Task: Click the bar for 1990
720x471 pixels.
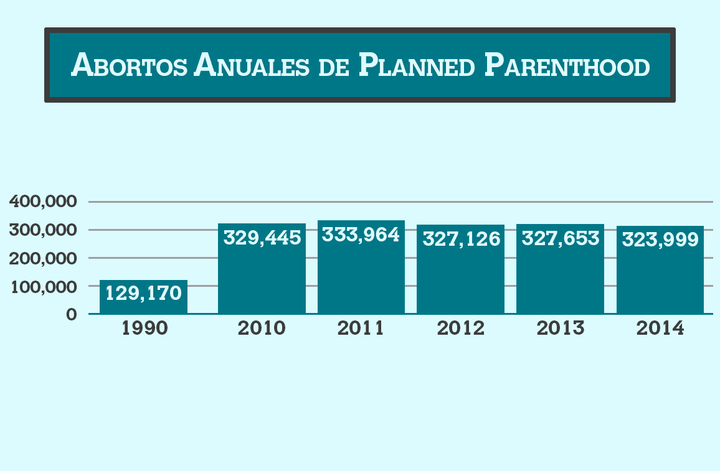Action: tap(143, 297)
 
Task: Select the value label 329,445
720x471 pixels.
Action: tap(262, 237)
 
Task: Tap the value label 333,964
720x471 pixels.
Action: tap(361, 235)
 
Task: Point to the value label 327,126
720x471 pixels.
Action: tap(461, 238)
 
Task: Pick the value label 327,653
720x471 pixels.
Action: tap(560, 238)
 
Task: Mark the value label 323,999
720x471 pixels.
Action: tap(660, 240)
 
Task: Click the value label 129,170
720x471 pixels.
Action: tap(143, 292)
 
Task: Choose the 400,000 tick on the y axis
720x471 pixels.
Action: tap(43, 202)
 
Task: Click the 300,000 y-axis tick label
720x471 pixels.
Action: tap(43, 230)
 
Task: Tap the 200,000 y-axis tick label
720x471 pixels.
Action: tap(43, 258)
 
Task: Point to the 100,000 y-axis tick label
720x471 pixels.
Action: tap(43, 287)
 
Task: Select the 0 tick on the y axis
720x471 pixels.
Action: tap(72, 315)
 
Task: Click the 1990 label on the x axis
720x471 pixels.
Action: tap(144, 329)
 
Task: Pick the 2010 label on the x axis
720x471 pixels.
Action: tap(262, 329)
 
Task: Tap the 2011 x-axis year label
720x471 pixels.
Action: tap(361, 329)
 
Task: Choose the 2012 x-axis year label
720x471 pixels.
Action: tap(461, 329)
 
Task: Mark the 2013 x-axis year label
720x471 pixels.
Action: tap(561, 329)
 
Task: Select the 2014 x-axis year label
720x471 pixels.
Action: tap(660, 329)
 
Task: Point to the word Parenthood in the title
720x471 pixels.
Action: tap(567, 65)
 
